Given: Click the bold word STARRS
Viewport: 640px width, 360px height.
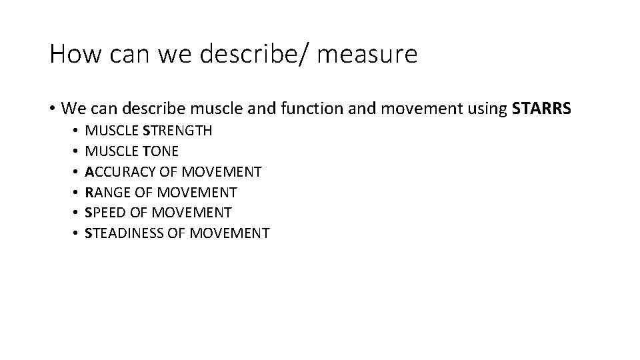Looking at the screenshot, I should pyautogui.click(x=541, y=108).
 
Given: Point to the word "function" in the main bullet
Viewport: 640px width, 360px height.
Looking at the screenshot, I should pyautogui.click(x=283, y=108).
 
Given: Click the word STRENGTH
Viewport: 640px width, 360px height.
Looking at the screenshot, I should pyautogui.click(x=177, y=131).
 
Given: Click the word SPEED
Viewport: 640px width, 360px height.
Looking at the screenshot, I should pyautogui.click(x=106, y=213).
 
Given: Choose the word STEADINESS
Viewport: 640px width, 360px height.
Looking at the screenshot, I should pyautogui.click(x=125, y=233).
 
